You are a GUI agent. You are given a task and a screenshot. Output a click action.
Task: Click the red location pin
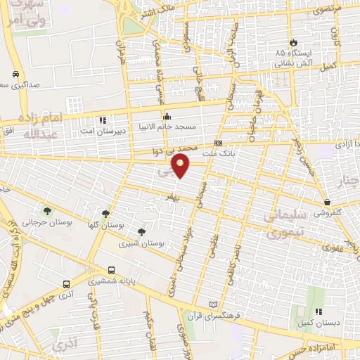click(x=181, y=166)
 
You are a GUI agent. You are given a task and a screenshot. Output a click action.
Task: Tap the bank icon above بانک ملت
click(x=219, y=143)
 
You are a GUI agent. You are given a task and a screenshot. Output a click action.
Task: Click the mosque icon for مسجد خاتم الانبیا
click(x=167, y=117)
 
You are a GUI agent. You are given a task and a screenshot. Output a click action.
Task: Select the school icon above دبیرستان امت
click(x=103, y=120)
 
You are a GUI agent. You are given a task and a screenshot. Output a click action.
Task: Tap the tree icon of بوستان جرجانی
click(x=47, y=210)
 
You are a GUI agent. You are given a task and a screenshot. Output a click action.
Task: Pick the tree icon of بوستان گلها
click(x=105, y=214)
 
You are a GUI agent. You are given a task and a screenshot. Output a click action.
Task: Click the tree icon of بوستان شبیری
click(x=142, y=231)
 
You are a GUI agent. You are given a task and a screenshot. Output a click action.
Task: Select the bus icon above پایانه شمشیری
click(x=112, y=270)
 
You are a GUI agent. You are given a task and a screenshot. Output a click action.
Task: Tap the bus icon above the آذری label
click(x=66, y=285)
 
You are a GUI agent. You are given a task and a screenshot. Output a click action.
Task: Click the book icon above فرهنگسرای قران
click(x=214, y=305)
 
